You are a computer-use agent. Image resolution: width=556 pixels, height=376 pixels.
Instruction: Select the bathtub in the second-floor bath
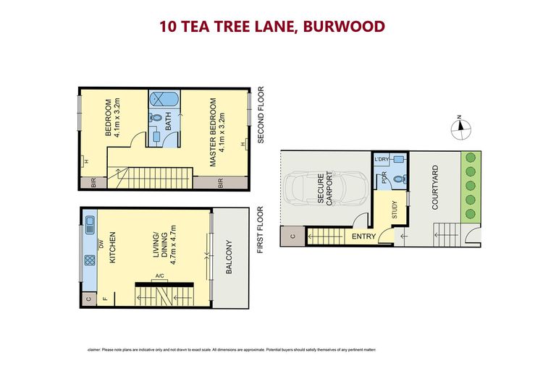158,100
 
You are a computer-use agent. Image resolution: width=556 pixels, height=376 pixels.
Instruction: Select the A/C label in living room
159,276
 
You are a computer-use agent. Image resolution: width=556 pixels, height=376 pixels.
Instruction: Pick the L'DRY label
381,158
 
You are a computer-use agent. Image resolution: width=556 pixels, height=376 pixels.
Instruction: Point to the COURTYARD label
435,187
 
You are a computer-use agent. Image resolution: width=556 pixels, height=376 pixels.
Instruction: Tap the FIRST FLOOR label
261,231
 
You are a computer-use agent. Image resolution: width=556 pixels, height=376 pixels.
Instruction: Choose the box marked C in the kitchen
88,297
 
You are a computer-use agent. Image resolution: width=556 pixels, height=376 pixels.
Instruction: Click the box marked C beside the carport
292,236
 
